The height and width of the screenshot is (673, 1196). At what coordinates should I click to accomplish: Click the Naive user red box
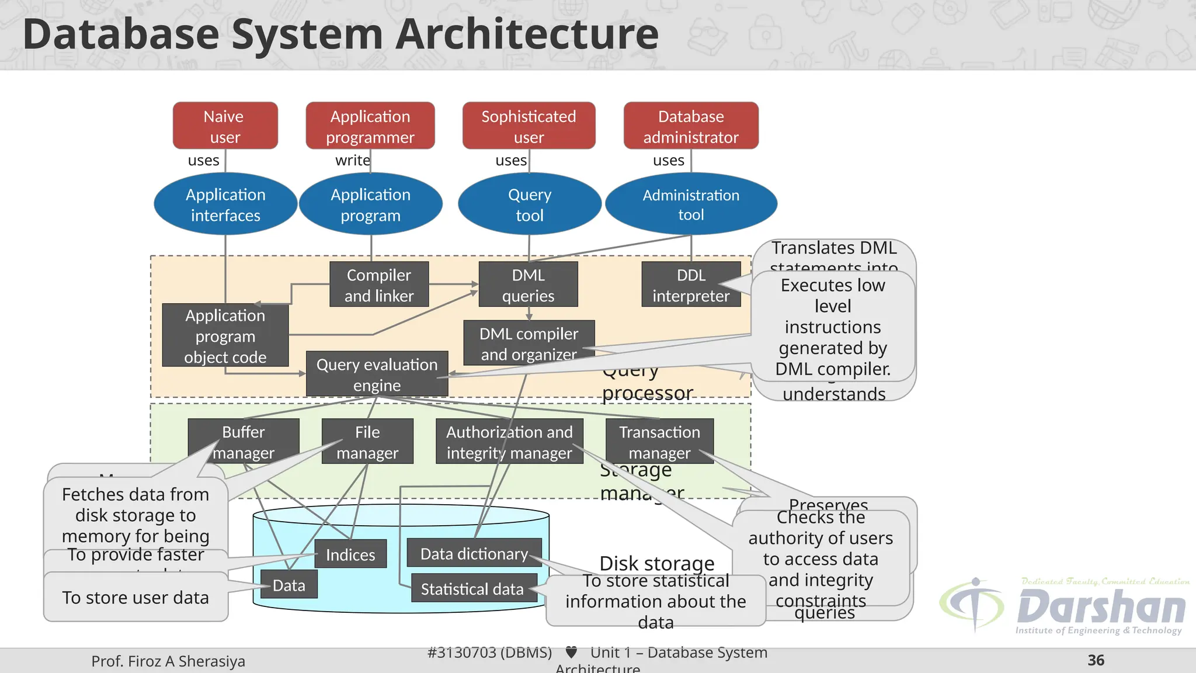225,126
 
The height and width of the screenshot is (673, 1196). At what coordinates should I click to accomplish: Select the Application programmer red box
370,126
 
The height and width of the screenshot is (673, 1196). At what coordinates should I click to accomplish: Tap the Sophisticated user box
529,126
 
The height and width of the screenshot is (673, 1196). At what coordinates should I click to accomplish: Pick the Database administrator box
691,126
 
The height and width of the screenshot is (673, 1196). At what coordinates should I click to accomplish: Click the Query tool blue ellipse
529,204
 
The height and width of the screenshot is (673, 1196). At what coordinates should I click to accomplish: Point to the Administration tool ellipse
691,204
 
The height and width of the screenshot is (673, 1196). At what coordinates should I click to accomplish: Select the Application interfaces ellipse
225,204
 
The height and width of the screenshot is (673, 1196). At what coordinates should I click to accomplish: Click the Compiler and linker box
378,285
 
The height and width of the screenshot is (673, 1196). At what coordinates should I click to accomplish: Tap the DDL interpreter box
690,285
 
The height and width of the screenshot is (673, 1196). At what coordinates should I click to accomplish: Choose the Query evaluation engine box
377,374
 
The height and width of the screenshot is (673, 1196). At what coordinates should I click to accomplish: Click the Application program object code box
225,335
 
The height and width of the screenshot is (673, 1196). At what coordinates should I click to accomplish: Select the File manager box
367,442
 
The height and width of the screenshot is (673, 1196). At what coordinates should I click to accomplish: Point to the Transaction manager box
659,442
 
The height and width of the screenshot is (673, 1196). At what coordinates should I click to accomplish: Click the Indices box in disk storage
350,554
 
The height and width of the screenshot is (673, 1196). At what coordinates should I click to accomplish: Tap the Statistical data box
472,588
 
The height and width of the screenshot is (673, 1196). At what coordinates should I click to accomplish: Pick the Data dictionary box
474,553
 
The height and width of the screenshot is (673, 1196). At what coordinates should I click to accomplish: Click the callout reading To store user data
135,597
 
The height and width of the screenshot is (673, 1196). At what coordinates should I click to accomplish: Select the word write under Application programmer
352,161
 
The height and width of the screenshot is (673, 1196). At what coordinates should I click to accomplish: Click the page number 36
1096,660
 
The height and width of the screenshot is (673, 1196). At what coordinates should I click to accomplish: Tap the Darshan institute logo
1063,606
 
